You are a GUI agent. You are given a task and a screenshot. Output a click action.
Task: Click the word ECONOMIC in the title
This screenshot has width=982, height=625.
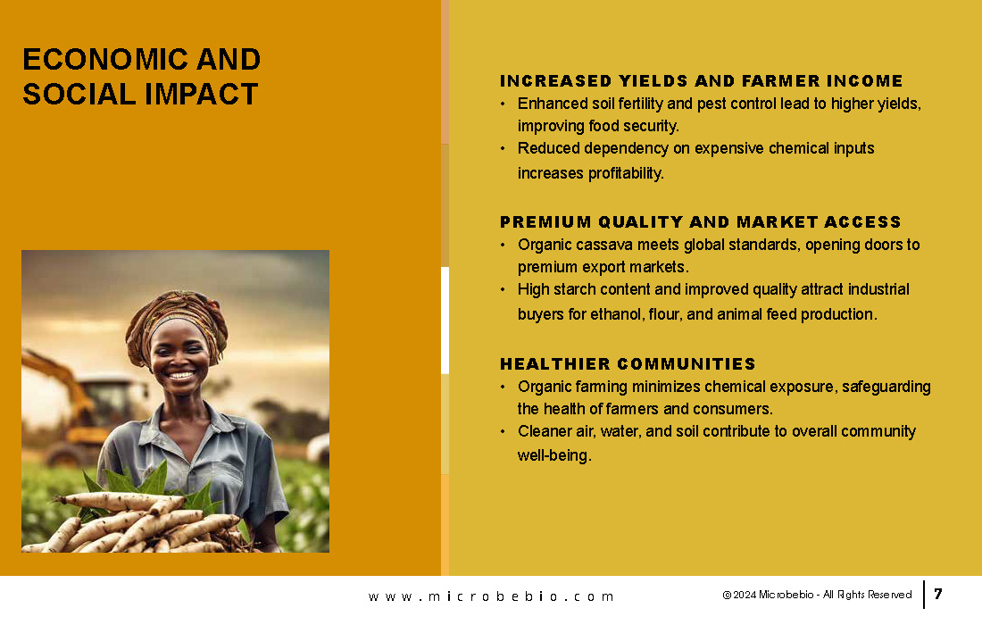105,60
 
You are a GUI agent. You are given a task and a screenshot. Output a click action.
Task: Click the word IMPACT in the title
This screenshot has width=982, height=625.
201,95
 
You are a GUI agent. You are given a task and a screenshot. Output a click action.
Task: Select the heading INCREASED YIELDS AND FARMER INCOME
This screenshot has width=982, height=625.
701,80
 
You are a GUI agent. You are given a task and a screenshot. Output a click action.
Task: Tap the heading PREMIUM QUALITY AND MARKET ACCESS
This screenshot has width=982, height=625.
700,221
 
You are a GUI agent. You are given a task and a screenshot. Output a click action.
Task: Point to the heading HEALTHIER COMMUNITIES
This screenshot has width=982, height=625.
628,364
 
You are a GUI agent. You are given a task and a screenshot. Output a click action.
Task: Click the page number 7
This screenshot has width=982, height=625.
938,594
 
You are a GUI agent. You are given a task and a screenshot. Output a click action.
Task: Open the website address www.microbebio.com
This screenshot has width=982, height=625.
491,596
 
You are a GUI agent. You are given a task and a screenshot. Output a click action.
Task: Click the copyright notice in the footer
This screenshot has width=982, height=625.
817,595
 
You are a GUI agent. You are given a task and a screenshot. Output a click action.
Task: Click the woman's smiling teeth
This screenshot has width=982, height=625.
181,376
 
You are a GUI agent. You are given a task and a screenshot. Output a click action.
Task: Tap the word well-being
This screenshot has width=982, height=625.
554,456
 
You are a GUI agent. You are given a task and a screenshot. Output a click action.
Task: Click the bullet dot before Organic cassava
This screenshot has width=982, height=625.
503,245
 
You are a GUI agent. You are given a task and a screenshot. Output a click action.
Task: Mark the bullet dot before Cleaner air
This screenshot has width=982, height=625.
503,431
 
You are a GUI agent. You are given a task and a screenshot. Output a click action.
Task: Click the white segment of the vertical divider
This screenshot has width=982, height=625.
445,320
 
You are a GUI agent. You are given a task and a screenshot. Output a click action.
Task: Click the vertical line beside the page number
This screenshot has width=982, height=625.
924,595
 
